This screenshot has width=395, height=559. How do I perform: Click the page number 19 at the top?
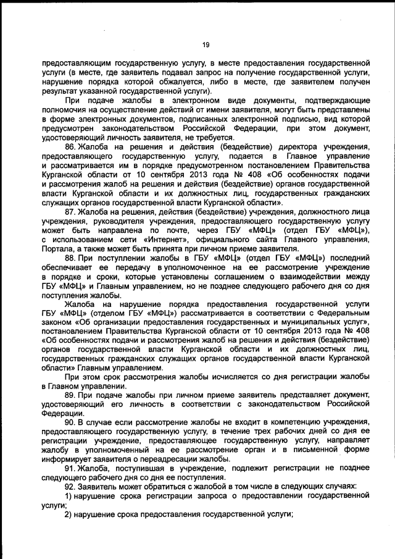(206, 44)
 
